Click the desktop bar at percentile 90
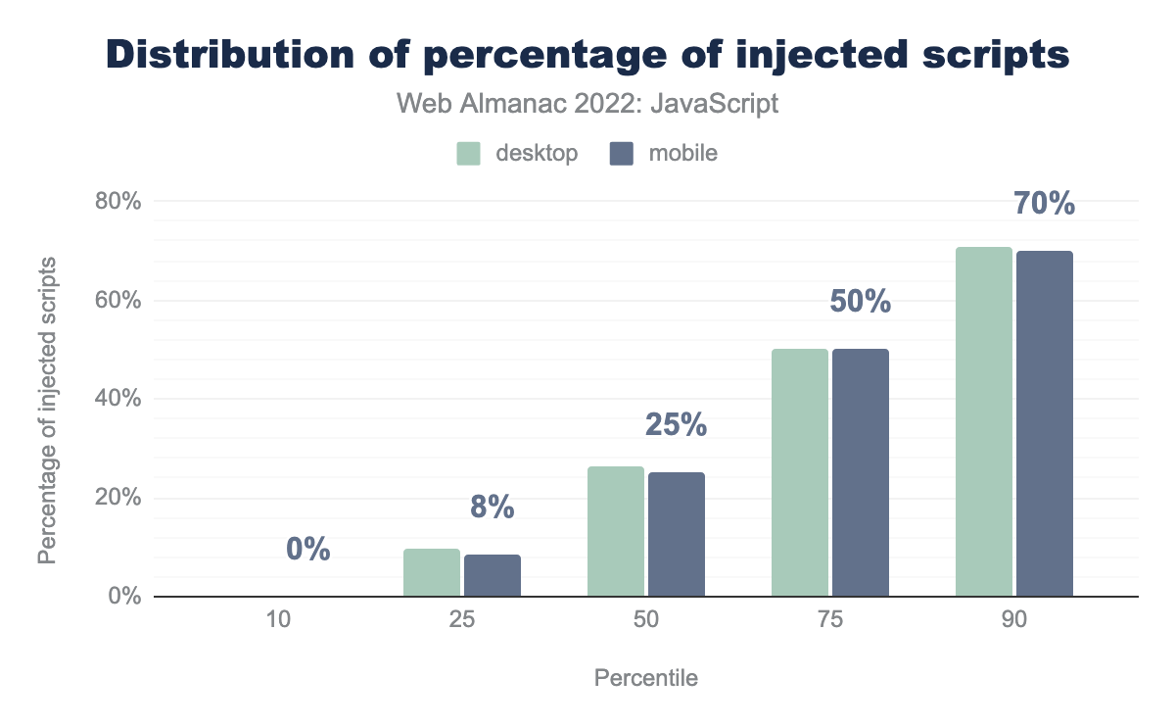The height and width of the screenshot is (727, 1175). [983, 421]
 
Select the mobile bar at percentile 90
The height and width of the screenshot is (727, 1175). [1044, 423]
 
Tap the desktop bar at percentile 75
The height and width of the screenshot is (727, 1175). [799, 472]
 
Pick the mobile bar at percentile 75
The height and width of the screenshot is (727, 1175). [860, 472]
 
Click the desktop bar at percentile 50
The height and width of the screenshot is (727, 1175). [615, 531]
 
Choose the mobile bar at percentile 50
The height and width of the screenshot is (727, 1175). [676, 534]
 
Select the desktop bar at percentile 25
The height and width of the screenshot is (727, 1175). [431, 572]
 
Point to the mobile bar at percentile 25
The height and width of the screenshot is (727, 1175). [492, 575]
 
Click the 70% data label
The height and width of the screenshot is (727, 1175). [1045, 205]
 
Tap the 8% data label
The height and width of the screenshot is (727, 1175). [492, 507]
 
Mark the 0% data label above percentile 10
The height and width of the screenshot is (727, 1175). [307, 550]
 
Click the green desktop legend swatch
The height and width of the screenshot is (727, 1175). [469, 154]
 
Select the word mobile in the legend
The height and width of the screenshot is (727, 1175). [682, 154]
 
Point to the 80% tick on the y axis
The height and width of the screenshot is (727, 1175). [118, 201]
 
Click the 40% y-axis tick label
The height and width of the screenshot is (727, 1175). [118, 399]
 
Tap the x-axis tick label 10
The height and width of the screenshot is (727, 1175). [277, 621]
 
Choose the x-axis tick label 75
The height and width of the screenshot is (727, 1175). [829, 621]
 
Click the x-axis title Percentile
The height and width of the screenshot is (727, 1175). [645, 678]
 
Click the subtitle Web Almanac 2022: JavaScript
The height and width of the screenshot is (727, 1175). [587, 104]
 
